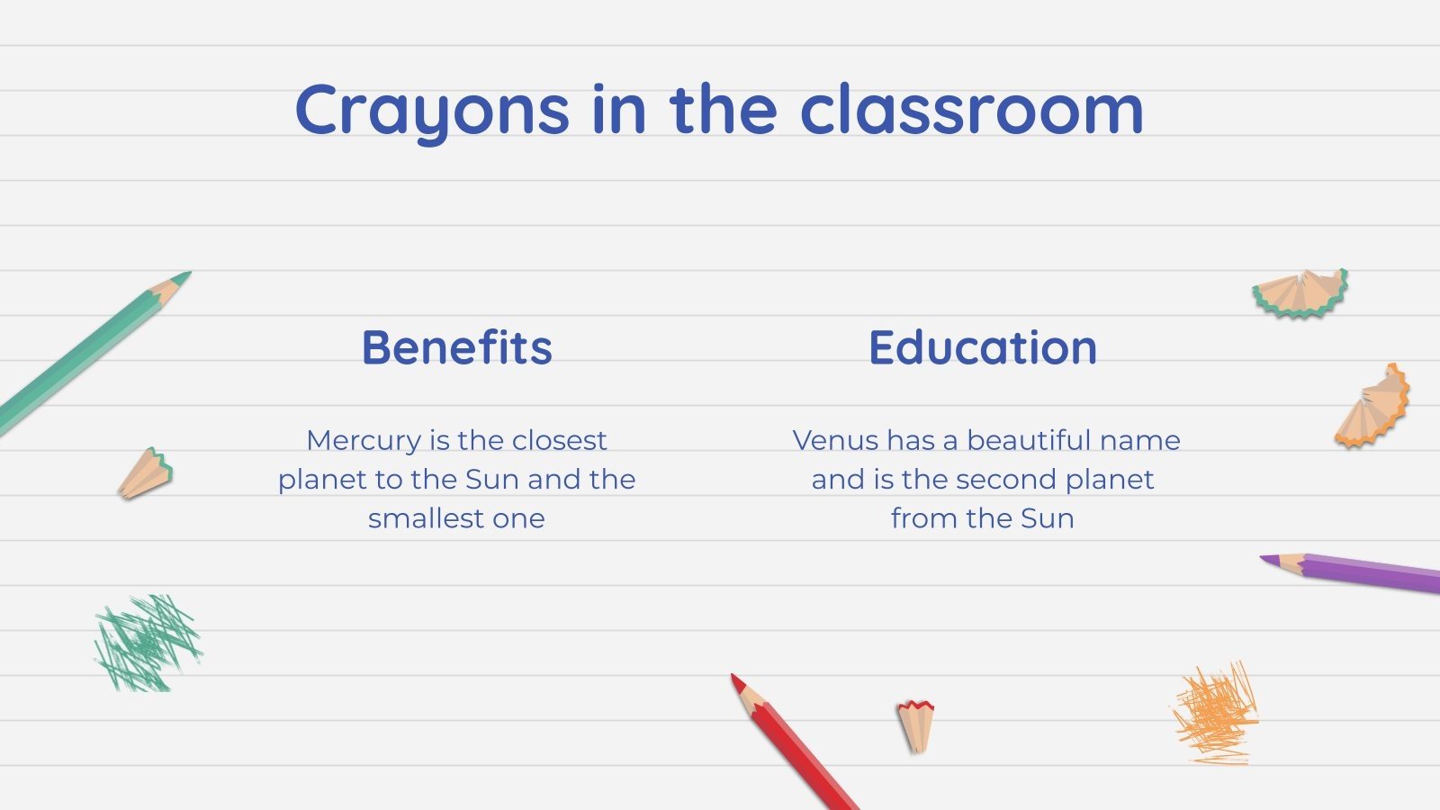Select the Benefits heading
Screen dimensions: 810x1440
pos(457,347)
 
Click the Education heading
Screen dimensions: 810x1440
pos(983,347)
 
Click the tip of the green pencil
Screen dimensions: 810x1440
pos(186,274)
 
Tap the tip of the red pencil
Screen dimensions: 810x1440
pos(734,678)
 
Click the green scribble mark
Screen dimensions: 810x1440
pos(147,643)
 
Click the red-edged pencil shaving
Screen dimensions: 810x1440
pos(915,724)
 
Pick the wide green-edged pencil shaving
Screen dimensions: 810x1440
pos(1300,293)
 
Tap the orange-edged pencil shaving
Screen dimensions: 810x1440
pos(1373,407)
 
